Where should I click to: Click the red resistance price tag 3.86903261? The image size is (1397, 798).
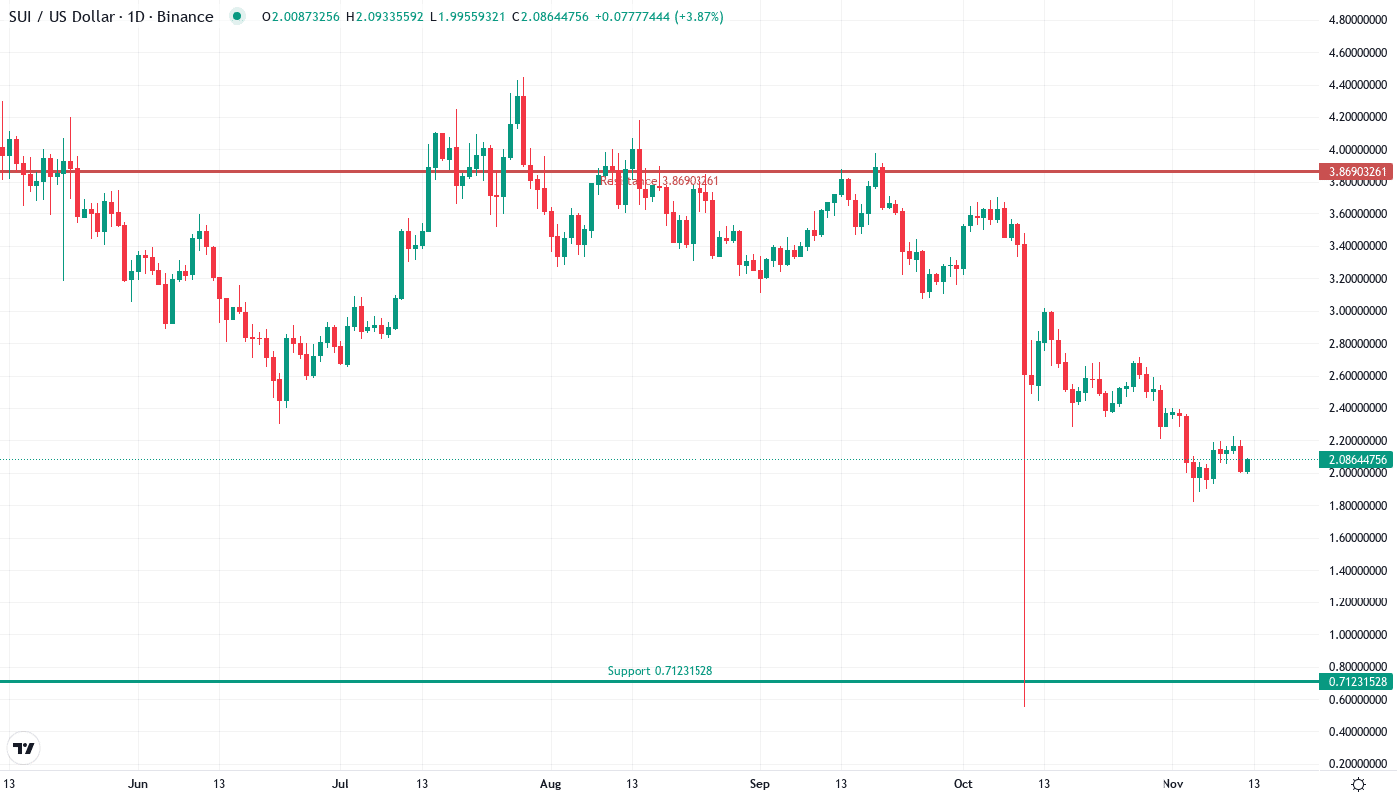pos(1357,172)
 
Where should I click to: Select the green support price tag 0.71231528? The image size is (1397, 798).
pos(1357,682)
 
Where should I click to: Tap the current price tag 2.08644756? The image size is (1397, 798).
pos(1357,460)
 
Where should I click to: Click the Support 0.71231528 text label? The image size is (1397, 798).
pos(660,671)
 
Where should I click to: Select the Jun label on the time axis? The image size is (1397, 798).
pos(138,784)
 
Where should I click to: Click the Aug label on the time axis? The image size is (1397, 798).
pos(549,784)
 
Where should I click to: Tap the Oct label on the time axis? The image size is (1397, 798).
pos(963,784)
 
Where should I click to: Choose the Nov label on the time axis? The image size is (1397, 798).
pos(1173,784)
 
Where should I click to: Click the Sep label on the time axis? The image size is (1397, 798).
pos(760,784)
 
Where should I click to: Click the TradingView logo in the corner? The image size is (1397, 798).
pos(24,748)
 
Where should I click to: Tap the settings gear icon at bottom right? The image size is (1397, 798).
pos(1358,784)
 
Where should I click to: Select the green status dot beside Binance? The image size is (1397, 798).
pos(235,17)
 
